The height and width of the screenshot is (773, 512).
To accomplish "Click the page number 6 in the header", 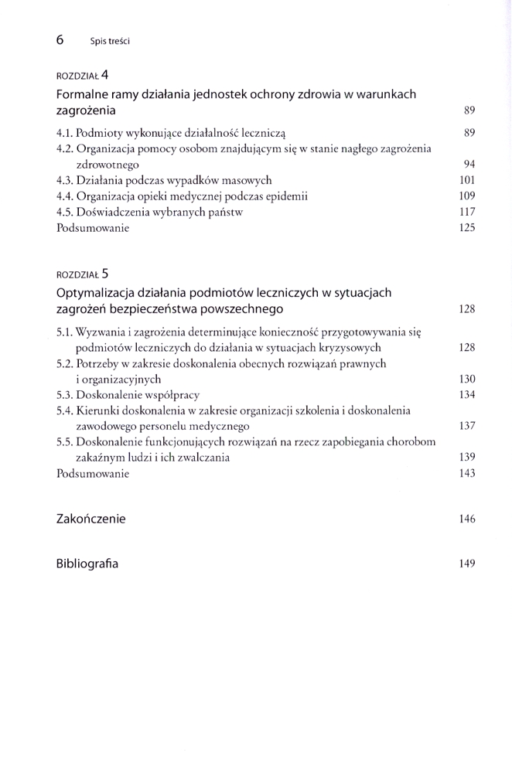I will (x=60, y=39).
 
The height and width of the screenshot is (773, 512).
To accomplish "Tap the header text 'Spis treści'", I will (x=110, y=40).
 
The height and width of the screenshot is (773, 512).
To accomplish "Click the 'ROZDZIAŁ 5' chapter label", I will (x=84, y=274).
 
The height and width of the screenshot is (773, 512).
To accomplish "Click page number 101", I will (x=466, y=181).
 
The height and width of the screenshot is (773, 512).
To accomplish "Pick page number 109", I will (x=466, y=196).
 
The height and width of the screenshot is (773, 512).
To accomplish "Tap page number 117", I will (x=466, y=212).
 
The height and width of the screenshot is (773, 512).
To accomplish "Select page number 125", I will (x=466, y=228).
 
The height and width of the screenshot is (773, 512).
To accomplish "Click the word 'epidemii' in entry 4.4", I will (x=287, y=196).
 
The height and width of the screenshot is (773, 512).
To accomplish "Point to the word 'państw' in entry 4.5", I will (x=225, y=212).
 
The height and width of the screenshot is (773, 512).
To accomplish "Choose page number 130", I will (x=466, y=380).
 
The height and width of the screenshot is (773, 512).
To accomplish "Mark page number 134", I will (x=466, y=395).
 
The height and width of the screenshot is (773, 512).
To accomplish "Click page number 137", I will (x=466, y=426).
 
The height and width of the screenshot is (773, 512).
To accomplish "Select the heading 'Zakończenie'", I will (x=90, y=519).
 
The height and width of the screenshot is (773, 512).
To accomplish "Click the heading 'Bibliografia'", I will (x=87, y=564).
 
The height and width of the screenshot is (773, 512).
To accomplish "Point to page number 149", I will (x=466, y=564).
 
